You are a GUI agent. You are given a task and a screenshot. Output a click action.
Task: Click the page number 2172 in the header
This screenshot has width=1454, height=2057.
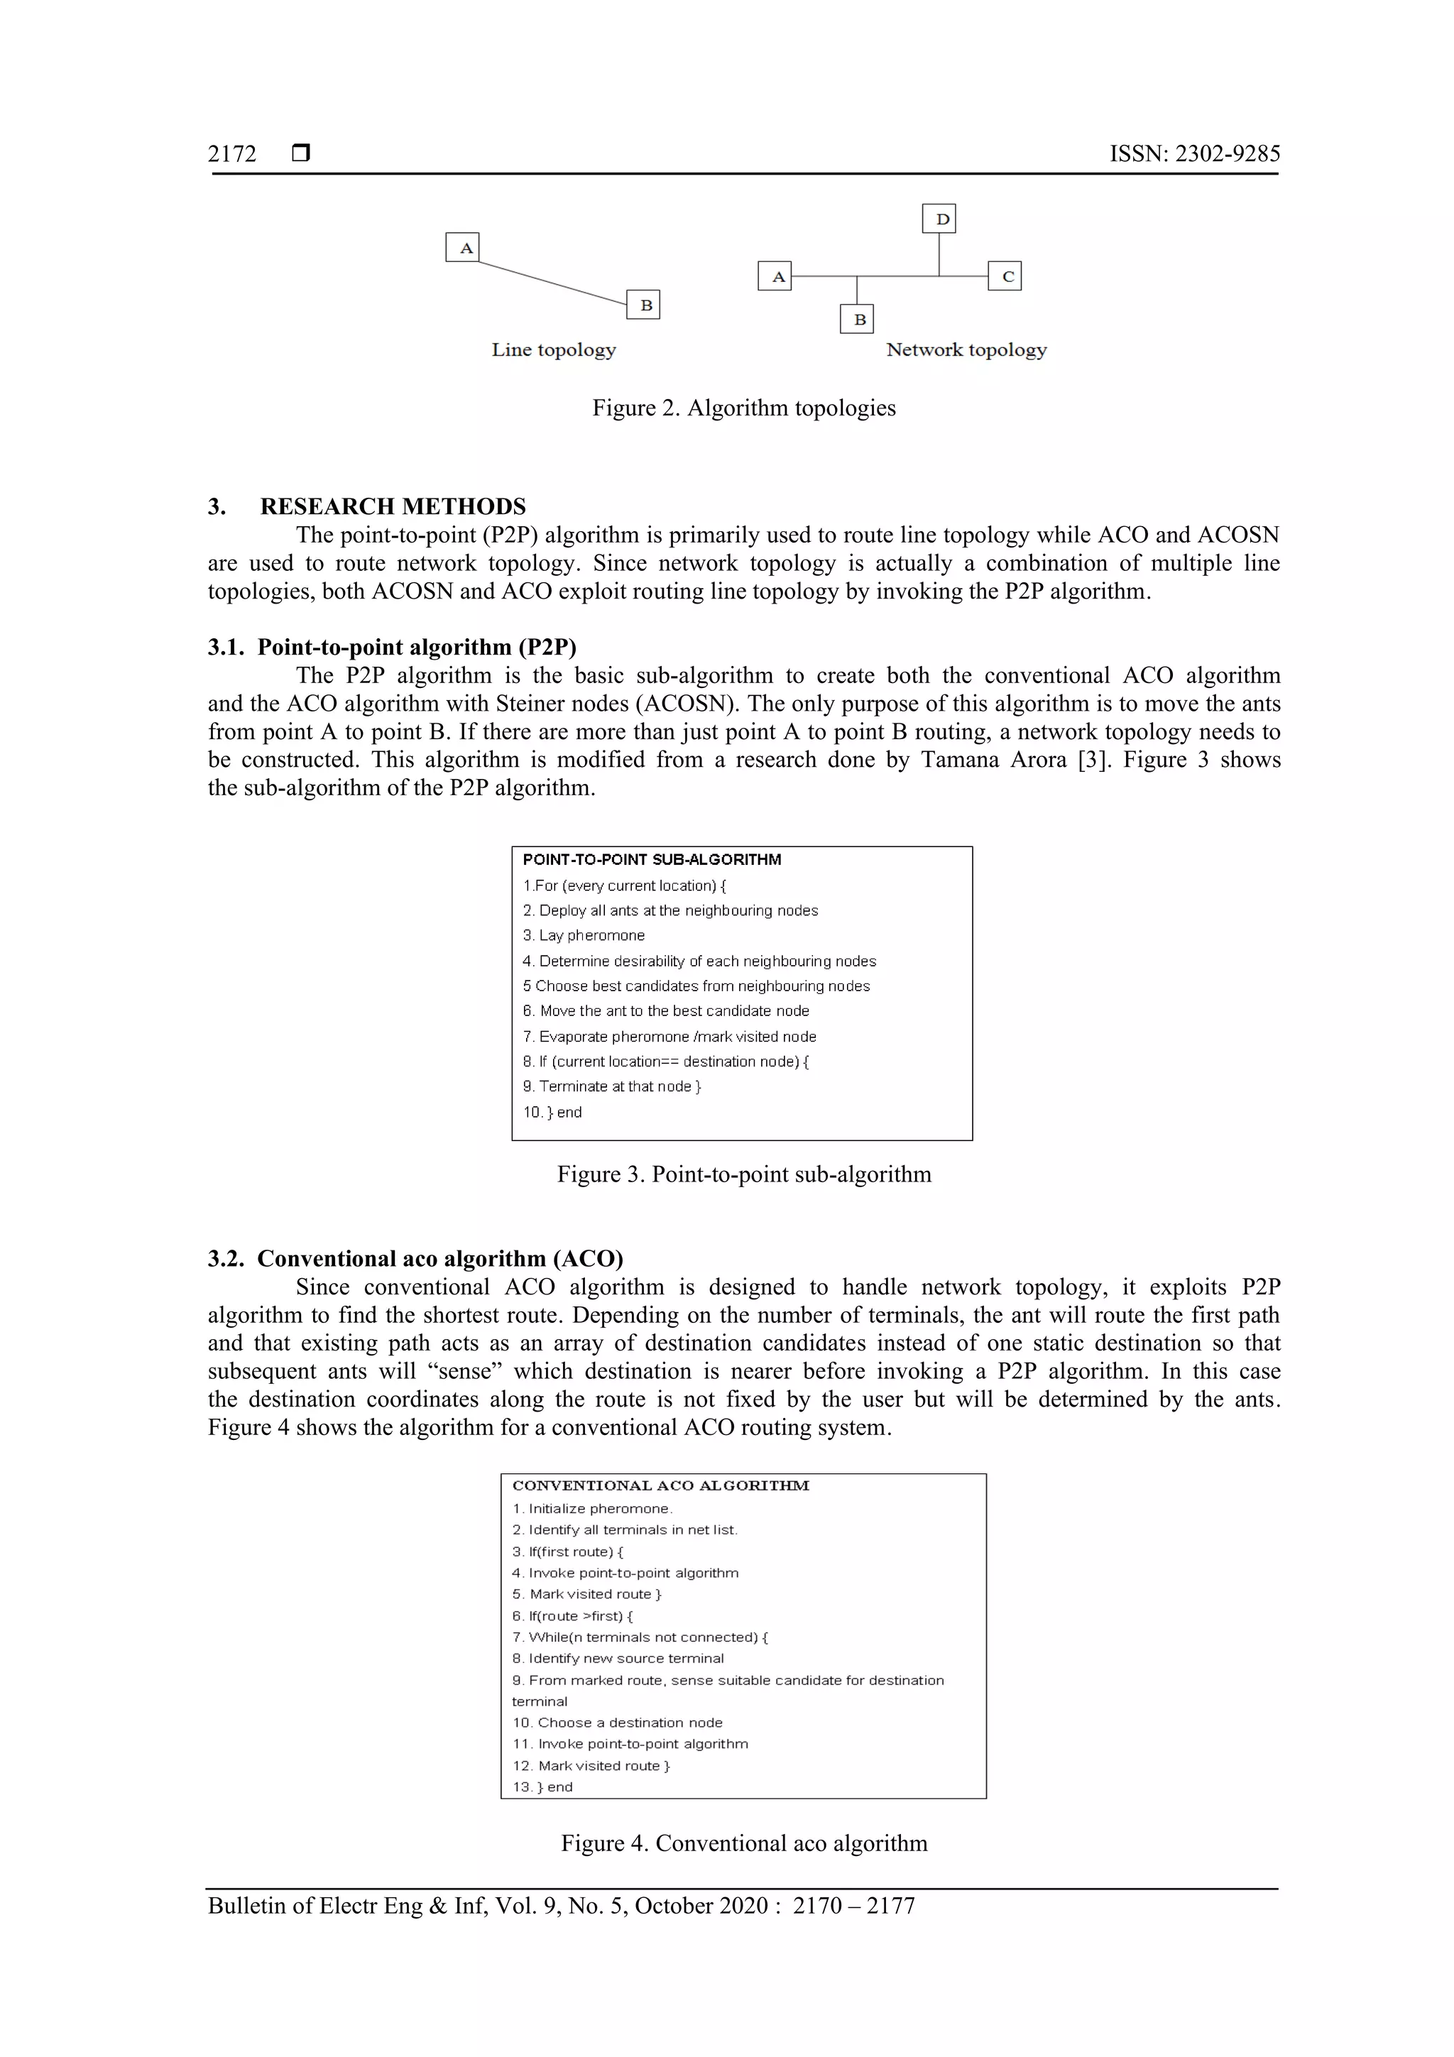[x=232, y=154]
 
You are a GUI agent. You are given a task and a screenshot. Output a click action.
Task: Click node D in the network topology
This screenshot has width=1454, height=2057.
[x=939, y=219]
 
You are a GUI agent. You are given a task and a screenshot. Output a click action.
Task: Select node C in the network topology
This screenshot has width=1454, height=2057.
[x=1005, y=276]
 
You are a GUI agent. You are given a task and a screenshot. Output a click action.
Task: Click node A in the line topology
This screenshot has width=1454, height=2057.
[x=462, y=247]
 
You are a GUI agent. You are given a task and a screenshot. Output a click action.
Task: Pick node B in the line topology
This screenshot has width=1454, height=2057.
[x=643, y=305]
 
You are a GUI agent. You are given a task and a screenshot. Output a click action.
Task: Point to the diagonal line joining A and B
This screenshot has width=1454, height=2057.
[x=552, y=283]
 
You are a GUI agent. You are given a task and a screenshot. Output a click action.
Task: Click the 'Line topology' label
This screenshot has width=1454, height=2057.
[x=554, y=350]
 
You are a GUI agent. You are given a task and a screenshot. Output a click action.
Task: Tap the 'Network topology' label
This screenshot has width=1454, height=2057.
[x=966, y=350]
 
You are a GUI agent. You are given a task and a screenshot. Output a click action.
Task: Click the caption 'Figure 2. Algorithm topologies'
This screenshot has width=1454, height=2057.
[x=743, y=408]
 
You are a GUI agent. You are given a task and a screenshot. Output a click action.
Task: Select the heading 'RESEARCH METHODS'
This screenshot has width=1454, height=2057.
[x=393, y=507]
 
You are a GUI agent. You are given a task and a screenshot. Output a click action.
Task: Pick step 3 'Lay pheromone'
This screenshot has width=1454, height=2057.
[x=584, y=935]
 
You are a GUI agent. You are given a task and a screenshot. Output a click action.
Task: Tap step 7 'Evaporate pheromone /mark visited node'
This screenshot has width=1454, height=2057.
[x=670, y=1037]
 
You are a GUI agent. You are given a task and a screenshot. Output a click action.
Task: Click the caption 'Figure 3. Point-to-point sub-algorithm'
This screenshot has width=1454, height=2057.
[x=743, y=1174]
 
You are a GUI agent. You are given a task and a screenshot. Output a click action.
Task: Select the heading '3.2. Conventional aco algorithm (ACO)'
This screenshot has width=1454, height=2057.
[x=416, y=1259]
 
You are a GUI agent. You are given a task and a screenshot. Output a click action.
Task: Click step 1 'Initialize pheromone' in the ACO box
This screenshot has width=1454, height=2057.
[x=592, y=1509]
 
